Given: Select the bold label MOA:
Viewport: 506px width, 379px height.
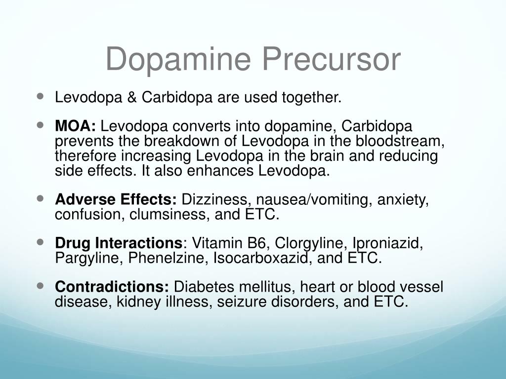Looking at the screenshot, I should [76, 126].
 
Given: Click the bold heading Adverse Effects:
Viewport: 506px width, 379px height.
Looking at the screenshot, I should [116, 200].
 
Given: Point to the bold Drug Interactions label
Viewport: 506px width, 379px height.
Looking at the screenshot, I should [119, 243].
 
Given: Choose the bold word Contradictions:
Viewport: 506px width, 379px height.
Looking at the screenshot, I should [112, 287].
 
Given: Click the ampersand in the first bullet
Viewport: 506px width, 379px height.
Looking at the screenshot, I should [131, 98].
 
